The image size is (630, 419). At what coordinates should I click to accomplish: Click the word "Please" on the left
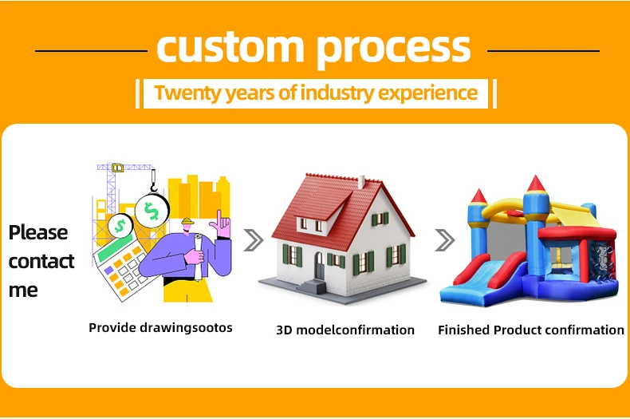pyautogui.click(x=38, y=232)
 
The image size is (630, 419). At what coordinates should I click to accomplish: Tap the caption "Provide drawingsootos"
pyautogui.click(x=160, y=327)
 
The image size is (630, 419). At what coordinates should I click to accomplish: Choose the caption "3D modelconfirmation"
pyautogui.click(x=345, y=330)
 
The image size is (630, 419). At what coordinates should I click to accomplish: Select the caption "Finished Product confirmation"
pyautogui.click(x=531, y=330)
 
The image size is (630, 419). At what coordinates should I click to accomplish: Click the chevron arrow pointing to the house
pyautogui.click(x=253, y=239)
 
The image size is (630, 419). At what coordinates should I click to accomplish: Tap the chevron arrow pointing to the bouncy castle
pyautogui.click(x=444, y=239)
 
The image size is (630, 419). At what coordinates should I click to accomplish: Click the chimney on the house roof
pyautogui.click(x=360, y=182)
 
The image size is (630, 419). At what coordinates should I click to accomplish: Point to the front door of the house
pyautogui.click(x=320, y=266)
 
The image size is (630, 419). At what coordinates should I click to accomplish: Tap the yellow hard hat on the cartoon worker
pyautogui.click(x=187, y=223)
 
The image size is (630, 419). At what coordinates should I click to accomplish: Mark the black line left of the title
pyautogui.click(x=92, y=50)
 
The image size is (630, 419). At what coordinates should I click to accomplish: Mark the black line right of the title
pyautogui.click(x=542, y=50)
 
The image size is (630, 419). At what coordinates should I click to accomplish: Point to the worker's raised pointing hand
pyautogui.click(x=224, y=226)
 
